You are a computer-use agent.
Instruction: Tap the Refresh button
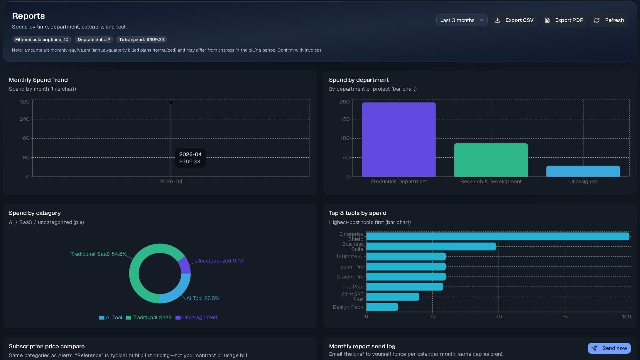[609, 20]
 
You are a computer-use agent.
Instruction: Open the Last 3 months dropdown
[462, 20]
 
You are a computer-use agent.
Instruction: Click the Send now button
[609, 348]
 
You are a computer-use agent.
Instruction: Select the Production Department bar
[399, 140]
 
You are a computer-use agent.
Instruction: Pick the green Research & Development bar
[491, 160]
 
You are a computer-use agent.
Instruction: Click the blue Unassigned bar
[583, 171]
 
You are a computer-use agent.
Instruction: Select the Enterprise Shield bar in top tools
[497, 236]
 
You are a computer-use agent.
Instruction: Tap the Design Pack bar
[382, 307]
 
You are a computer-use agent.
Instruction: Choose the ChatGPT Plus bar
[393, 297]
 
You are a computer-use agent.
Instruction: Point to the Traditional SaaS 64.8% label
[98, 254]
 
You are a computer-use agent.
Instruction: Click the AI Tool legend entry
[111, 318]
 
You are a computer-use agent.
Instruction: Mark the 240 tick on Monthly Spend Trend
[24, 119]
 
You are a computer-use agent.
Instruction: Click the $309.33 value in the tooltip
[190, 162]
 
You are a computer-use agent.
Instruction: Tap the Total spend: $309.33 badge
[142, 40]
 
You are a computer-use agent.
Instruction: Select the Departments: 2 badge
[94, 40]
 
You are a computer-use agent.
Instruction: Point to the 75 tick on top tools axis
[564, 317]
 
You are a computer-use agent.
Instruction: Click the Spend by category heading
[35, 213]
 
